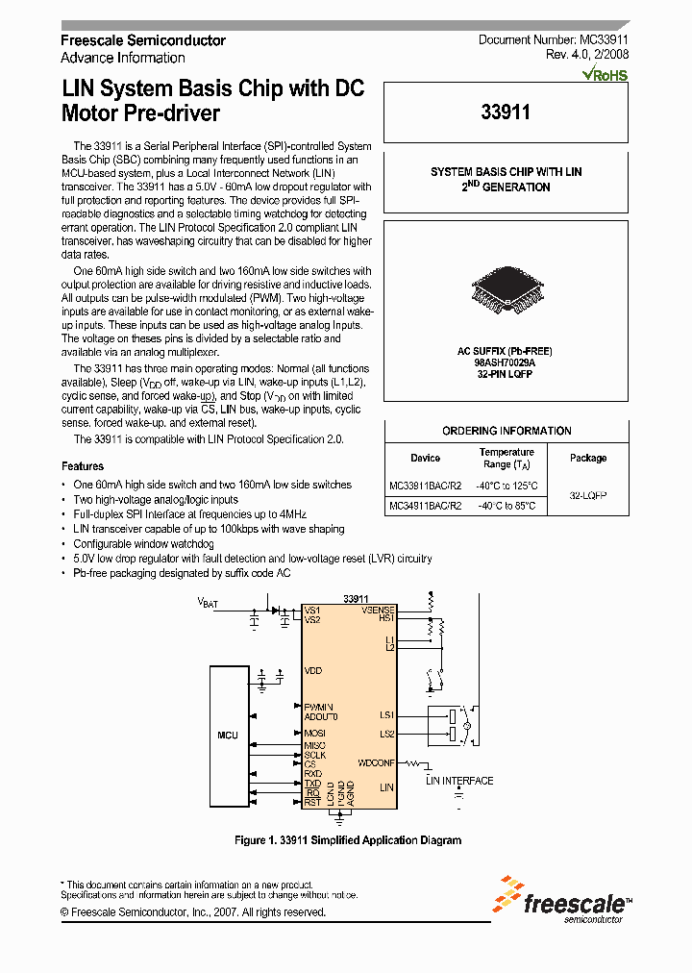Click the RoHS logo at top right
point(605,74)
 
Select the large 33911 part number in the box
point(506,112)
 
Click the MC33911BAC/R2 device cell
point(426,486)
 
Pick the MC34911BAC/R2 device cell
point(426,505)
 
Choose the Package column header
point(588,458)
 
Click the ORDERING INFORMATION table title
point(507,431)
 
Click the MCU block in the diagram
point(228,735)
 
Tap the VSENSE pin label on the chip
point(378,610)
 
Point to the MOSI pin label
point(314,733)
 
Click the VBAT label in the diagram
point(208,603)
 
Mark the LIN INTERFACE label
point(459,781)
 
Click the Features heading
point(83,465)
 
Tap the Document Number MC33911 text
point(553,39)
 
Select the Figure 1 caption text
point(348,840)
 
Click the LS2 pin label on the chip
point(386,734)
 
